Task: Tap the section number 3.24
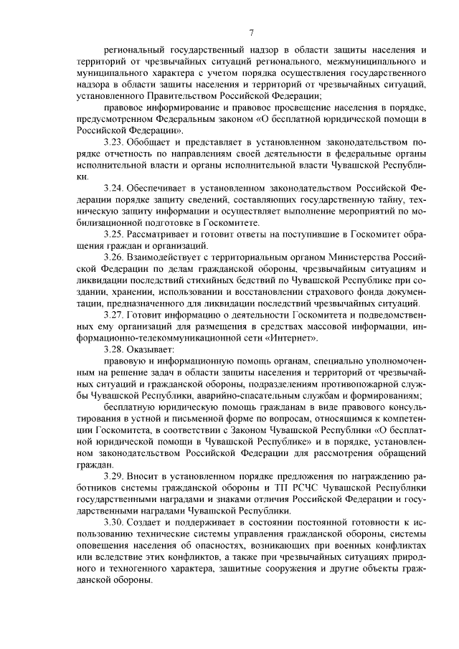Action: pyautogui.click(x=115, y=186)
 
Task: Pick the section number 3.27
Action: pyautogui.click(x=115, y=314)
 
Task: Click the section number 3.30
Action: pyautogui.click(x=115, y=522)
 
